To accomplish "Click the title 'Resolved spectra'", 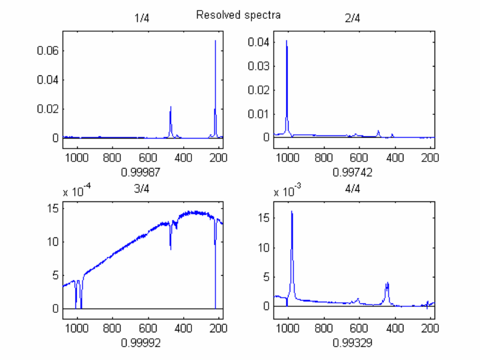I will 238,15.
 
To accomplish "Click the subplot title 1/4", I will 142,18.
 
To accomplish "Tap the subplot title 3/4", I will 142,190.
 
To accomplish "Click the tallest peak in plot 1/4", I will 215,41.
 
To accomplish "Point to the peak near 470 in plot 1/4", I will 171,107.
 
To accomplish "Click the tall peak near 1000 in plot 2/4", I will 287,41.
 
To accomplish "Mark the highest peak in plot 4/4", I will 292,212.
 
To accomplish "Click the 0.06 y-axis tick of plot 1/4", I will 48,50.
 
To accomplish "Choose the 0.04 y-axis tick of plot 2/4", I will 259,42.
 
